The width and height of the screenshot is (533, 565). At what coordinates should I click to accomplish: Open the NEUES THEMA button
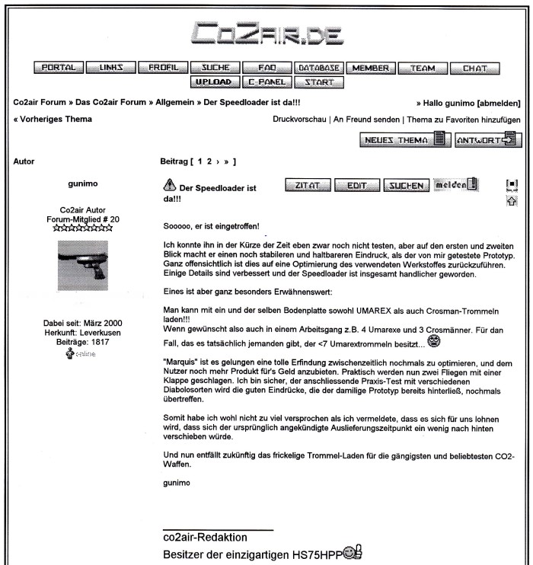tap(403, 140)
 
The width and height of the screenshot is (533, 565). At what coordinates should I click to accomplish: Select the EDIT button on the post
tap(357, 185)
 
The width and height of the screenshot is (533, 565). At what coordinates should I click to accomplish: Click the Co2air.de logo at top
tap(266, 31)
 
